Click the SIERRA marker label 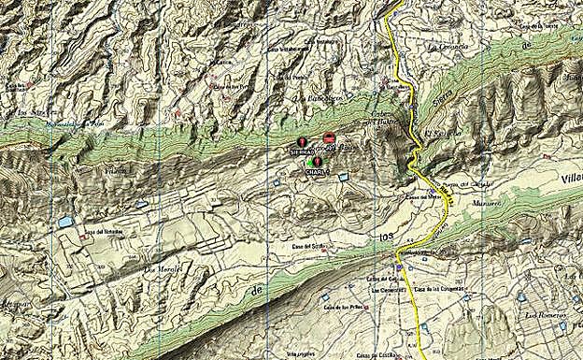[300, 151]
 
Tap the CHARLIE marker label [318, 171]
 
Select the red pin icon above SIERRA [301, 142]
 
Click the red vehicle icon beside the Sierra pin [328, 138]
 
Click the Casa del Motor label [421, 196]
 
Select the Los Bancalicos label [317, 97]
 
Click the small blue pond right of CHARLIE [343, 176]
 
